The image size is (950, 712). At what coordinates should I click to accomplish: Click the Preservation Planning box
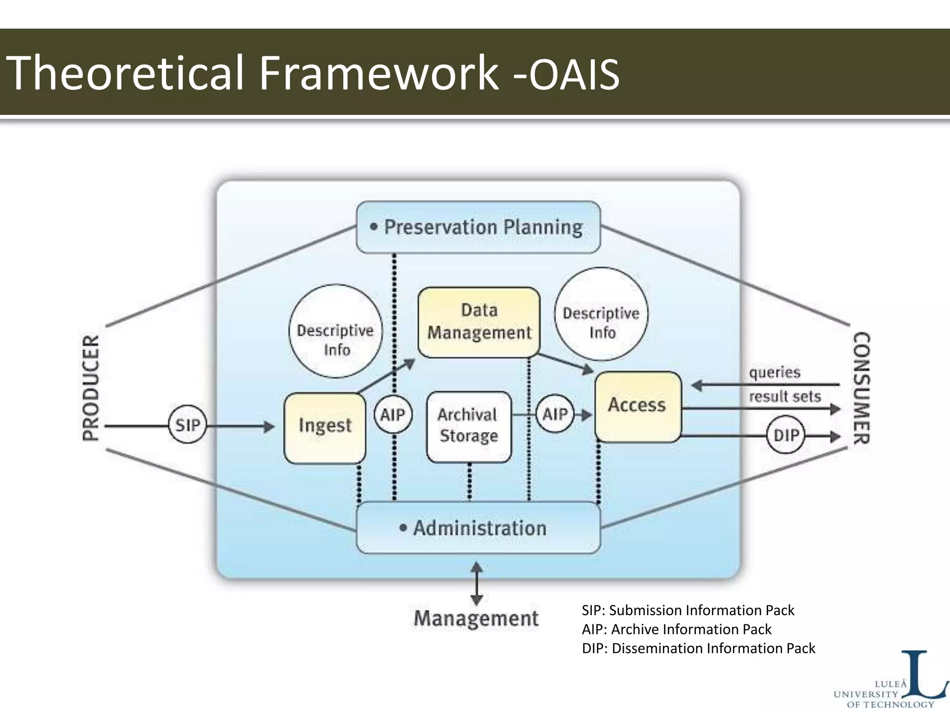coord(478,227)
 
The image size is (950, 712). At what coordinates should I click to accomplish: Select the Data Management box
coord(479,322)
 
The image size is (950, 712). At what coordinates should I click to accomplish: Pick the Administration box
coord(478,528)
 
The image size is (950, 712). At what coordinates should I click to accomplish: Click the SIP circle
coord(187,425)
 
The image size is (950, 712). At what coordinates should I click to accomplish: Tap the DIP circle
coord(786,435)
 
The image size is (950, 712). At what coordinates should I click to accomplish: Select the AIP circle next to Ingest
coord(393,414)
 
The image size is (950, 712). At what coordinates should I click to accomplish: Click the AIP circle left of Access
coord(555,413)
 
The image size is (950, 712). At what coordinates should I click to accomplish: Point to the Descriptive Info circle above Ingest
coord(335,331)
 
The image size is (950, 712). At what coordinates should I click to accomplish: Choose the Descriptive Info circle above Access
coord(601,314)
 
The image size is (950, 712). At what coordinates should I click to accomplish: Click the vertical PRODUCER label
coord(91,388)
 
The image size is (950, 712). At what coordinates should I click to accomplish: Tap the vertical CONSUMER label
coord(862,388)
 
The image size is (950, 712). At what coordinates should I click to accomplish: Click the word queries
coord(775,372)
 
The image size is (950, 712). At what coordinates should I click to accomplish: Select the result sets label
coord(785,397)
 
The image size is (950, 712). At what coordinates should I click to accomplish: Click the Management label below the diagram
coord(476,619)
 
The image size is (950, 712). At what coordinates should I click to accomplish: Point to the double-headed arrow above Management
coord(476,584)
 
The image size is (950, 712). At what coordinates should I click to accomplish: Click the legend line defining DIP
coord(698,648)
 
